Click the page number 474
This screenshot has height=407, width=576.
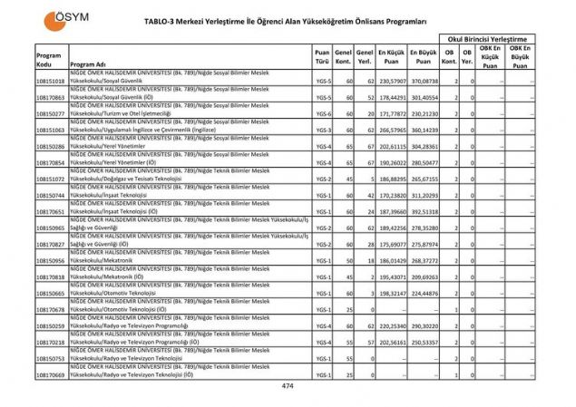point(288,386)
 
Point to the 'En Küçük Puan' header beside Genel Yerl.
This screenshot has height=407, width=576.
point(392,59)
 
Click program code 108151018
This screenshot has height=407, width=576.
point(51,82)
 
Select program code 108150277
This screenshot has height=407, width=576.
point(51,114)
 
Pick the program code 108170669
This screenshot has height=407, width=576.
point(51,374)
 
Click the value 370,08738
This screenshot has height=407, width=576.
point(424,82)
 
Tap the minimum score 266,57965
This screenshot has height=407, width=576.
point(392,131)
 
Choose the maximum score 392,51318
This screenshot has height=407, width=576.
point(424,211)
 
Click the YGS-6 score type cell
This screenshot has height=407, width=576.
point(323,114)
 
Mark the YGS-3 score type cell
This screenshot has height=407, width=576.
point(323,131)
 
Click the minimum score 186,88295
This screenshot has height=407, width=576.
point(392,179)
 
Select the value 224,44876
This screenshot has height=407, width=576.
point(424,293)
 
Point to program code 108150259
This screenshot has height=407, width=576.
point(51,325)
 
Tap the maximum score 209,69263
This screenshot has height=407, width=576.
point(424,276)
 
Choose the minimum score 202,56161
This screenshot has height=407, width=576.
point(392,342)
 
